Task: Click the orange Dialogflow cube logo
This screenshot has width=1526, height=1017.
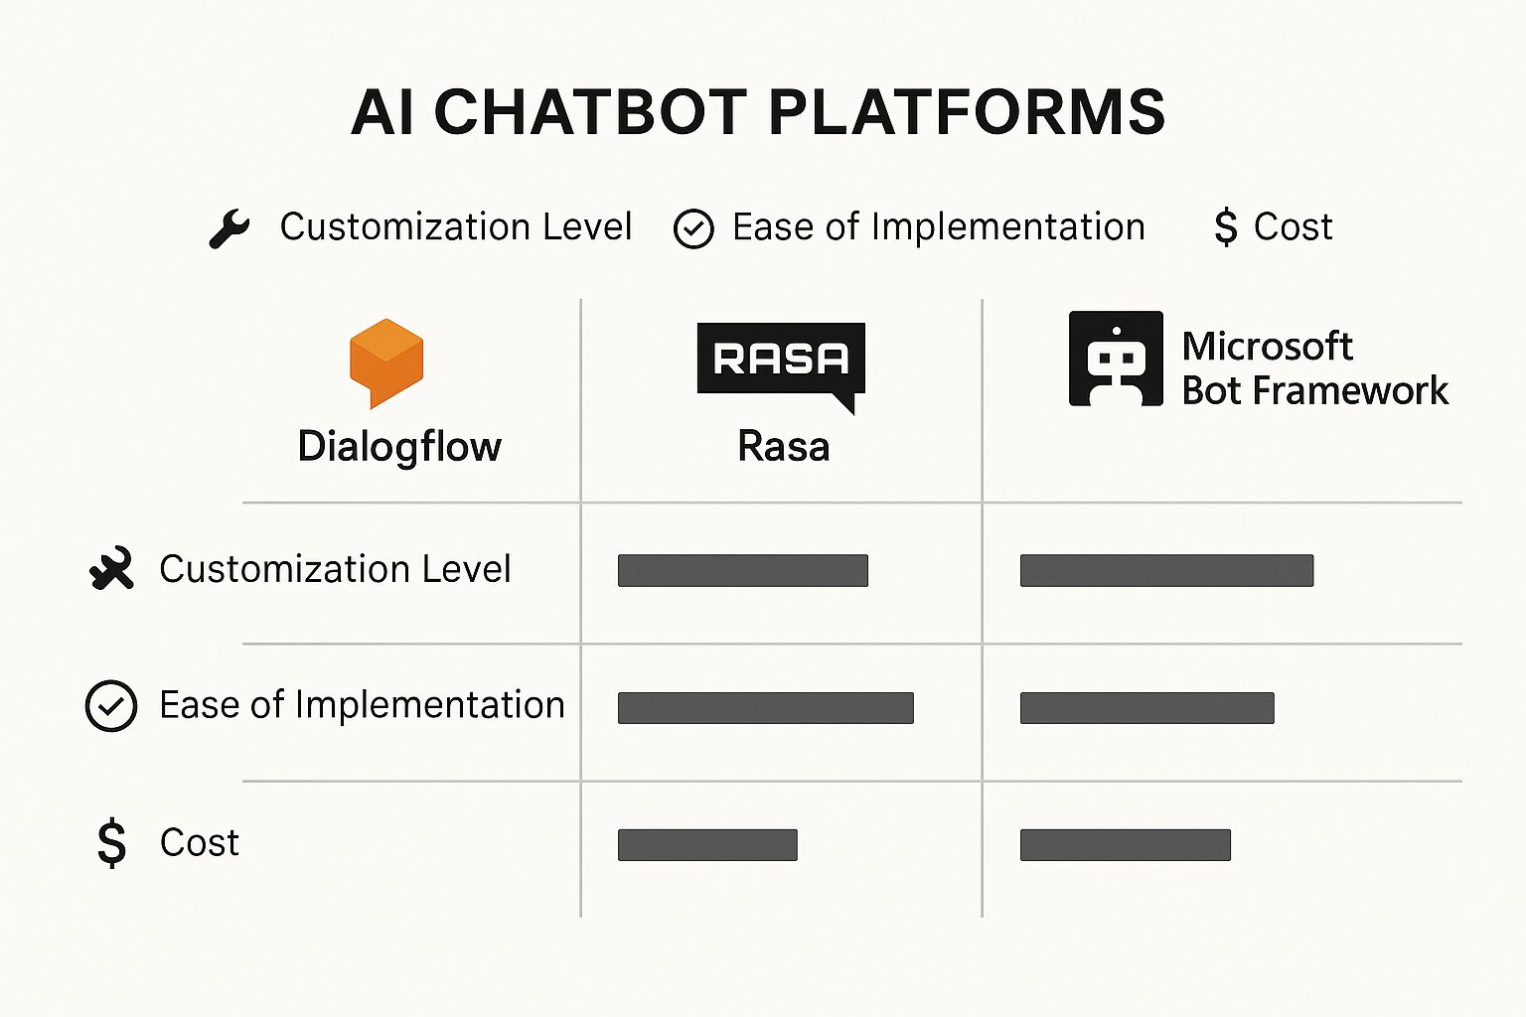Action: (x=386, y=362)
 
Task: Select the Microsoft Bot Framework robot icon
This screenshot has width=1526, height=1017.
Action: (x=1116, y=359)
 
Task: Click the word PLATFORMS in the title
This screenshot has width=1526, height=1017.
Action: (x=967, y=111)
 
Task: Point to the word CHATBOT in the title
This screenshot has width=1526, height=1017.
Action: (x=590, y=111)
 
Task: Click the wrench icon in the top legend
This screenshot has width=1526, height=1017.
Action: (x=229, y=228)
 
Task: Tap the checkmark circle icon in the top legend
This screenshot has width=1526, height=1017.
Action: (x=693, y=229)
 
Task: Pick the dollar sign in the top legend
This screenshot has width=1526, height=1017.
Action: (x=1226, y=227)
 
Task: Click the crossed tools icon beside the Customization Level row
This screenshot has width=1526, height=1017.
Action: (x=111, y=569)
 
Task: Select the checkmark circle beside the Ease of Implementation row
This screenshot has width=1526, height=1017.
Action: (x=111, y=706)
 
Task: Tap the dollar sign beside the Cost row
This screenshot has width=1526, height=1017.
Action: (x=112, y=843)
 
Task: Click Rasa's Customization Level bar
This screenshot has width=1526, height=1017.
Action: (x=743, y=571)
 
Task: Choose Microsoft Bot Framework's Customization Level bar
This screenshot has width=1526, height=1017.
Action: (x=1166, y=571)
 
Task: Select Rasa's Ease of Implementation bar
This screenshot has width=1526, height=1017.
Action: (x=765, y=708)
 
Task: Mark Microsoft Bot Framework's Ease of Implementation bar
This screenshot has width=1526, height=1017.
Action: (x=1146, y=708)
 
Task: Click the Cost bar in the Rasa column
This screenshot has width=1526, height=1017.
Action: (x=707, y=845)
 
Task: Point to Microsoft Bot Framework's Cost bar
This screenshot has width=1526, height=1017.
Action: (x=1125, y=845)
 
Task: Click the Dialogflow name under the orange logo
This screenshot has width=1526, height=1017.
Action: (x=399, y=447)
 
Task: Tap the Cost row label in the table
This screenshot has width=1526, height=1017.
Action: (x=200, y=843)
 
